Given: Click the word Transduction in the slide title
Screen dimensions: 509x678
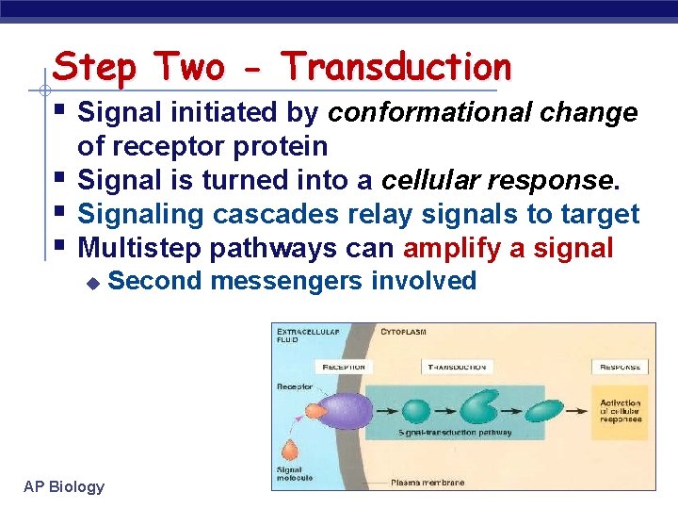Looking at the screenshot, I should pos(396,68).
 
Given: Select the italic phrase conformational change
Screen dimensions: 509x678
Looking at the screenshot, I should pos(482,113).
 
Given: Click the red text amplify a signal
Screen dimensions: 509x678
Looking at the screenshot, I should pos(508,248).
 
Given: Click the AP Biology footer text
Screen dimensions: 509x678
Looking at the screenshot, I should pos(64,486).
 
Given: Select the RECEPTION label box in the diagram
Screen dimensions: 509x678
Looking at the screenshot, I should pos(344,367).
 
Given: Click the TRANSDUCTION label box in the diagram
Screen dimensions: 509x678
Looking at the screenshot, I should pos(457,367).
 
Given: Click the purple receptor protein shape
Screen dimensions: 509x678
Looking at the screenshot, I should pos(345,411).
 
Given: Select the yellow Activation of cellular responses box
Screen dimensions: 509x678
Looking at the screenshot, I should pos(621,410).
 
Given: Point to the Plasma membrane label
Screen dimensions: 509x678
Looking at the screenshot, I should pos(428,483).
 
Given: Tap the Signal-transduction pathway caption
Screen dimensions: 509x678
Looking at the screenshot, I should pos(455,433).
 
